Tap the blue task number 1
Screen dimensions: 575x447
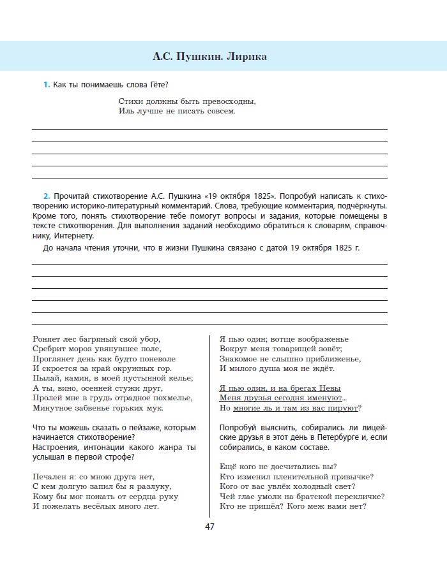45,85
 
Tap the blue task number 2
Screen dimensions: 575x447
46,195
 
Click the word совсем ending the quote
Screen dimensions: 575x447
219,111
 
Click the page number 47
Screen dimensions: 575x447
210,527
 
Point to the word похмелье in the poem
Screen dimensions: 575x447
142,397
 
